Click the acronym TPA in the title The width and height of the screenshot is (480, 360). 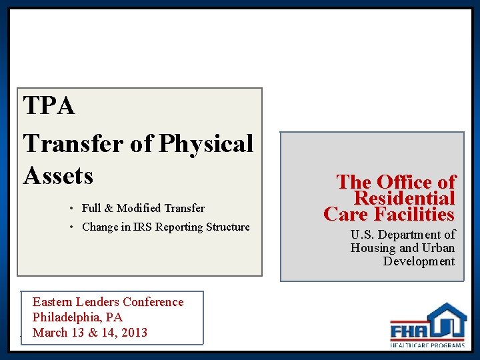(49, 106)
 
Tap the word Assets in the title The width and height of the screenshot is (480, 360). (58, 175)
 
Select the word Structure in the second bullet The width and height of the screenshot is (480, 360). (223, 227)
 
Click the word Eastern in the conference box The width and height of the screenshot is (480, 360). (54, 302)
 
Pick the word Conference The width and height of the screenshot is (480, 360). (153, 302)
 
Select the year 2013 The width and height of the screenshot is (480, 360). (133, 333)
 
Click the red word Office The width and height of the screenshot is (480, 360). (399, 182)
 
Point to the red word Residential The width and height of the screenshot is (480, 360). (404, 198)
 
